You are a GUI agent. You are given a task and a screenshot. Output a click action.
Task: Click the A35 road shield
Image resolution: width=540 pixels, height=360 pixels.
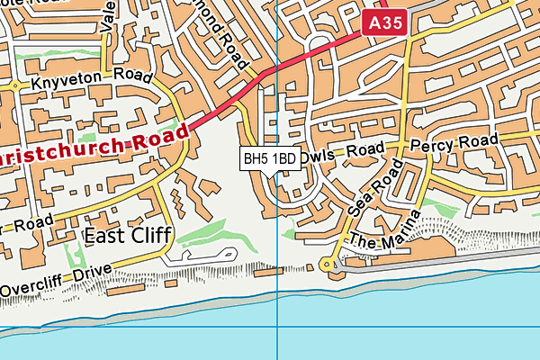point(385,23)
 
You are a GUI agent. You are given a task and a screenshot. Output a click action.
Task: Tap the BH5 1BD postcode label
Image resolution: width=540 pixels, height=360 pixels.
point(270,159)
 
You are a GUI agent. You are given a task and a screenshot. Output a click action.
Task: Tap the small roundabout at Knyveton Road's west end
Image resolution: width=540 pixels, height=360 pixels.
point(16,86)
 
